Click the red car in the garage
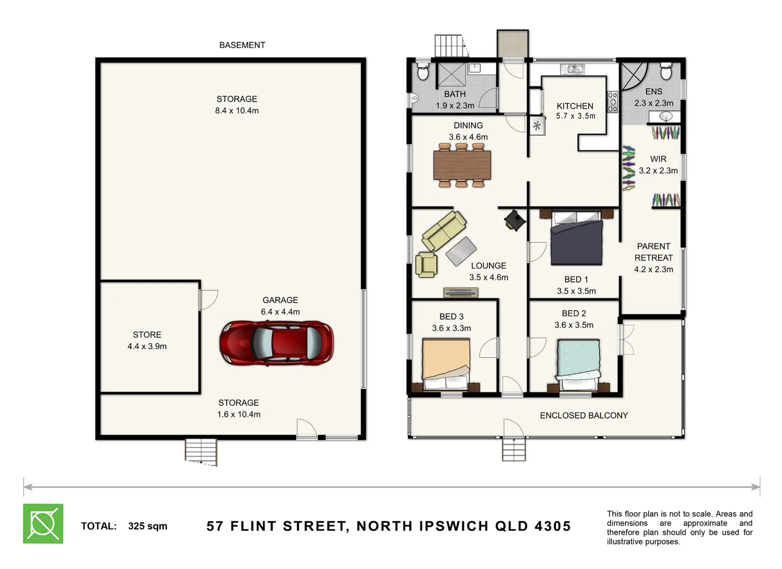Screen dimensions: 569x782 tap(276, 342)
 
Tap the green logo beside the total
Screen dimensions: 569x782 tap(43, 523)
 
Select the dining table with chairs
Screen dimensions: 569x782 tap(462, 165)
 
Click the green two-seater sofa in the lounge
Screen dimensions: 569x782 tap(444, 230)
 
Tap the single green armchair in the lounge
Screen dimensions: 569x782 tap(426, 264)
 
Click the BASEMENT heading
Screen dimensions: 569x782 tap(242, 45)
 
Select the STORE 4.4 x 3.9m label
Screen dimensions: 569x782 tap(147, 340)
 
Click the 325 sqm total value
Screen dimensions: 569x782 tap(147, 526)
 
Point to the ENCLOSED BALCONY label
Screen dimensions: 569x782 tap(583, 415)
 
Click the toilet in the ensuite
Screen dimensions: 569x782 tap(666, 71)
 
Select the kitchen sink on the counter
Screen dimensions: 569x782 tap(572, 69)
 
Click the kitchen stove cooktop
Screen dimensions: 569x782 tap(612, 102)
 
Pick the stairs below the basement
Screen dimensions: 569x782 tap(201, 452)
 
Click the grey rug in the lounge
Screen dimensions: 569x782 tap(461, 251)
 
